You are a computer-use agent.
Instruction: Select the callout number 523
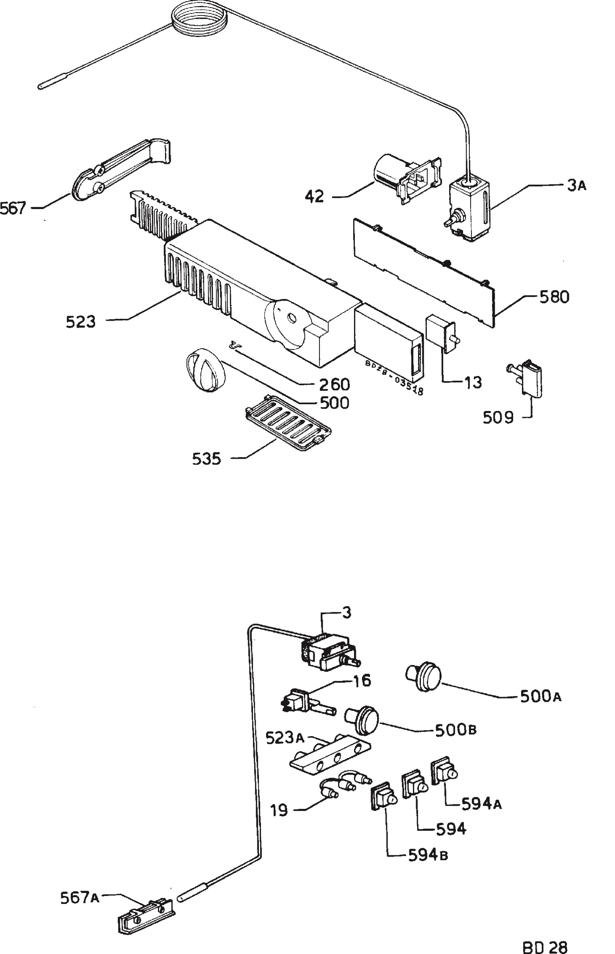tap(81, 322)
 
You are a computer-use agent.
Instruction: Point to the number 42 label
tap(315, 196)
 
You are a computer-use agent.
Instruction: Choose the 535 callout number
tap(206, 459)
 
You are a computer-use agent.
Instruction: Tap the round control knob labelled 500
tap(205, 370)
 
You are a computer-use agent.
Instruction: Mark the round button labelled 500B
tap(362, 721)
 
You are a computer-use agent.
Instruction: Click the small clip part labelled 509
tap(525, 378)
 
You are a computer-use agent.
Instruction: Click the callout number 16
tap(362, 681)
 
